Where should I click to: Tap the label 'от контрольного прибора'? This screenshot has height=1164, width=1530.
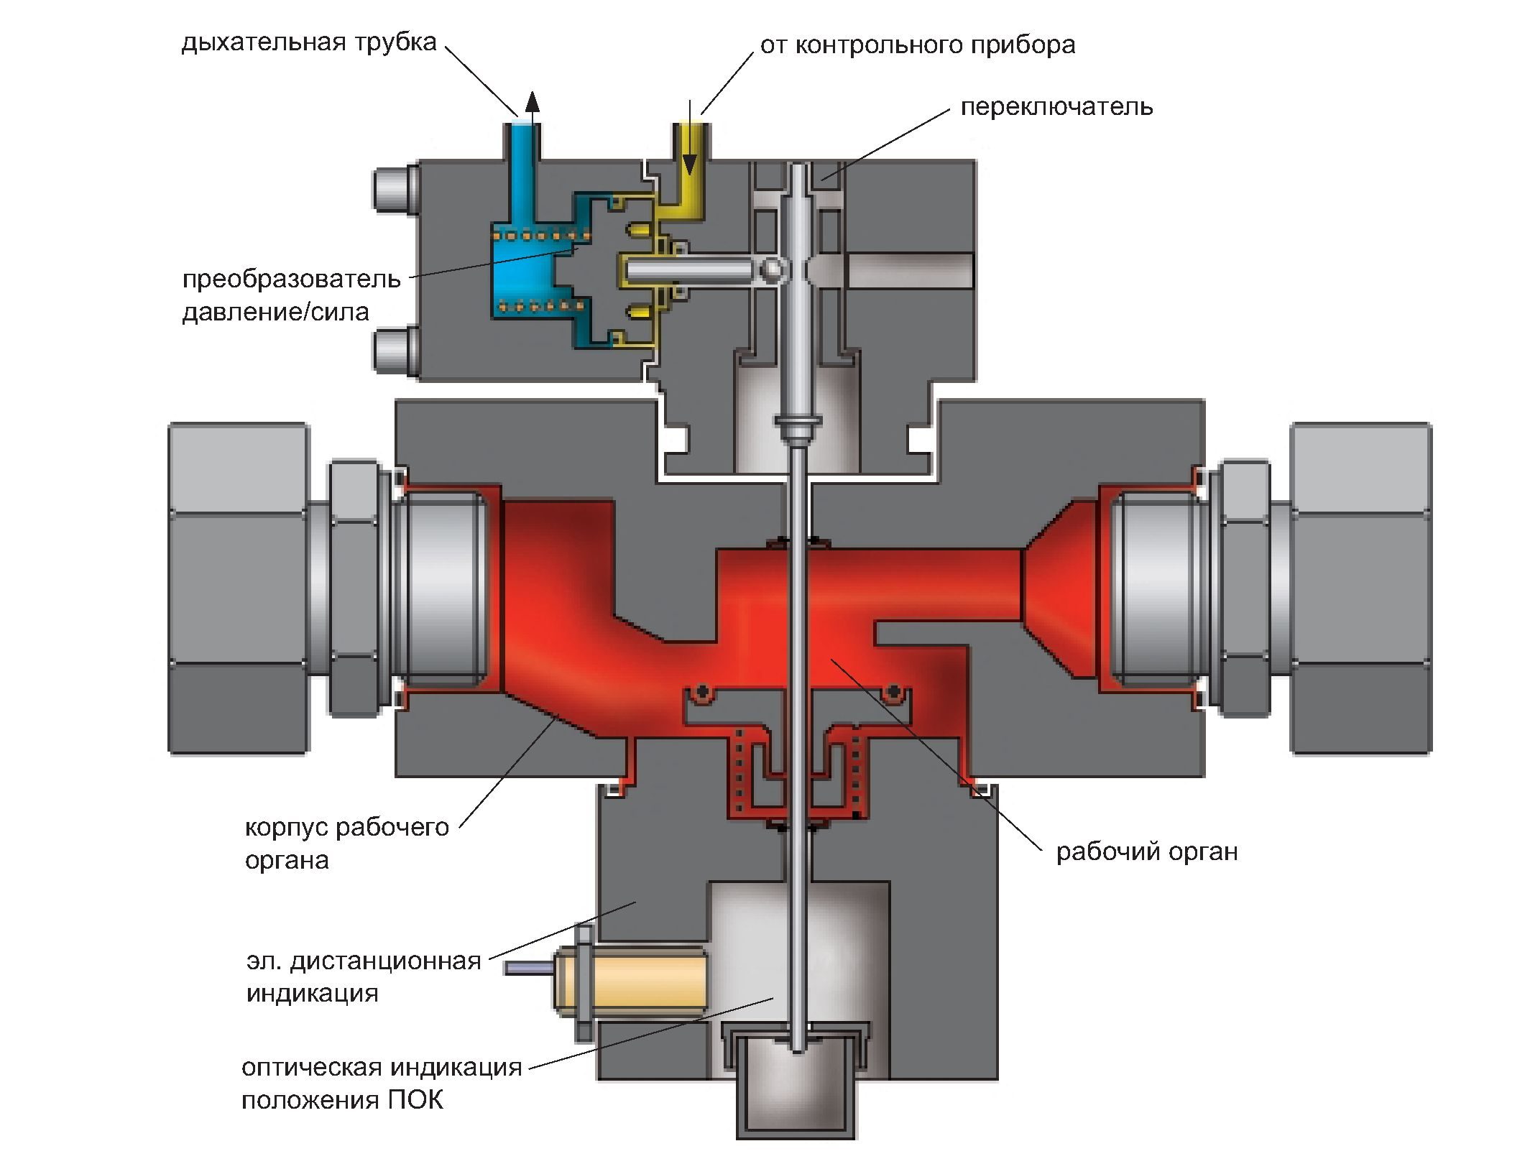[x=918, y=45]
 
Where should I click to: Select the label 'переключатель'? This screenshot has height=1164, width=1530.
[x=1056, y=107]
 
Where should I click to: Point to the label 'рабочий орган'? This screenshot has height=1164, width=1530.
[x=1147, y=852]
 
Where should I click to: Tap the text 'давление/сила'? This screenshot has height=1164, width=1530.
[x=275, y=312]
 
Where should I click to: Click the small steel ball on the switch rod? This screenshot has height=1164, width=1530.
[x=773, y=269]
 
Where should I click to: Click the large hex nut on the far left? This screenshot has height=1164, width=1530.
[x=239, y=588]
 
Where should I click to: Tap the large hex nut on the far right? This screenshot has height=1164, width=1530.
[x=1360, y=588]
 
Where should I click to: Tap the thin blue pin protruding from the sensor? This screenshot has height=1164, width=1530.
[x=527, y=968]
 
